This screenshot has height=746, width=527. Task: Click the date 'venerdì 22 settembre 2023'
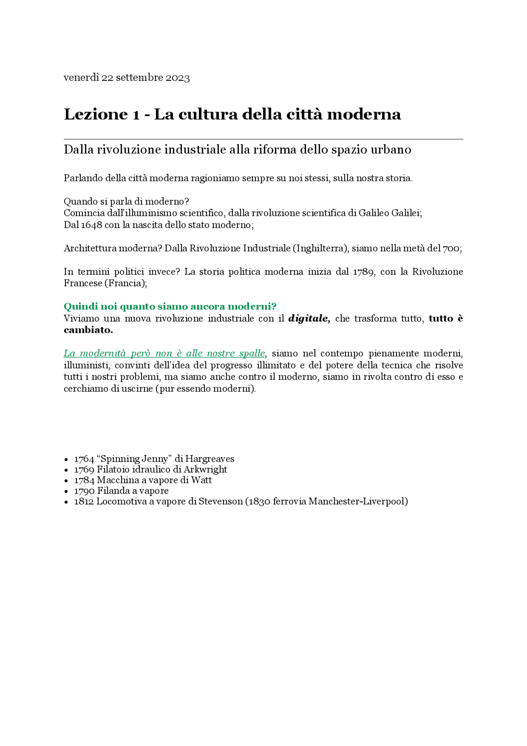point(126,78)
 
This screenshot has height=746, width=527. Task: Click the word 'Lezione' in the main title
point(96,114)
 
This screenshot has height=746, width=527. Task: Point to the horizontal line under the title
point(263,139)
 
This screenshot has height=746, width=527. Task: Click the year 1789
point(364,272)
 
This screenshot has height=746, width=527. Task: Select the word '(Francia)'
point(125,283)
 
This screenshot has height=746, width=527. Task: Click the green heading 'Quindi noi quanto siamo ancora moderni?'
point(170,306)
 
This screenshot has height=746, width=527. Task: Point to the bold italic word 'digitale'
point(309,318)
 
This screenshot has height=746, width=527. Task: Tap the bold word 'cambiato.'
point(88,330)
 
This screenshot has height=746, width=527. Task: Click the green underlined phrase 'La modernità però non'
point(118,353)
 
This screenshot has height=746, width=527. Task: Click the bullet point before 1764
point(66,459)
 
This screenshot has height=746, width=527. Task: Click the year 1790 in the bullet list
point(84,491)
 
